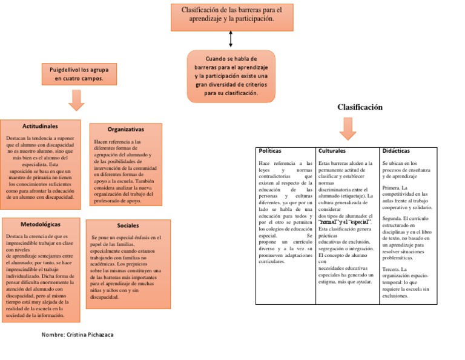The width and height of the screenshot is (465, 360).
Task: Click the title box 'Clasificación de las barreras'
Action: pos(231,15)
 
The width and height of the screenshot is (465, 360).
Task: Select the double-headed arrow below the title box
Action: pos(231,39)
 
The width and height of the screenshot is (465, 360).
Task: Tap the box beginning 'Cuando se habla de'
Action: pos(231,76)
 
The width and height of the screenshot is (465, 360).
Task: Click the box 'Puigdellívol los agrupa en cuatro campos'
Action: pos(76,74)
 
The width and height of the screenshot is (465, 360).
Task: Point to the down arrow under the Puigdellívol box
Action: pos(76,100)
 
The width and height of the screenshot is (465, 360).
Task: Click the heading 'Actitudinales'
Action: pos(40,127)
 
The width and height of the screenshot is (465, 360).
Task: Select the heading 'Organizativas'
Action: pos(126,130)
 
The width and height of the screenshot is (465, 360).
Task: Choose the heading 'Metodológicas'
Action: pos(41,224)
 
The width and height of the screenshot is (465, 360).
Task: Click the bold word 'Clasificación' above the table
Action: pos(361,107)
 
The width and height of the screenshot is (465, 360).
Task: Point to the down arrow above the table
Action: pos(349,128)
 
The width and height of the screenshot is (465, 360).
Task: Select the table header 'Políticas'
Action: pos(270,150)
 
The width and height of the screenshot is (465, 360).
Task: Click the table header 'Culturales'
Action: pos(332,150)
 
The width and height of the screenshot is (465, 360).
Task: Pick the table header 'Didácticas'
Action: pos(396,150)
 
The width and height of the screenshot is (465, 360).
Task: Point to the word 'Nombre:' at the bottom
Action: pos(53,335)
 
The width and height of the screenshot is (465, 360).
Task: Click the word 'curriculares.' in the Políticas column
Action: pos(272,262)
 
